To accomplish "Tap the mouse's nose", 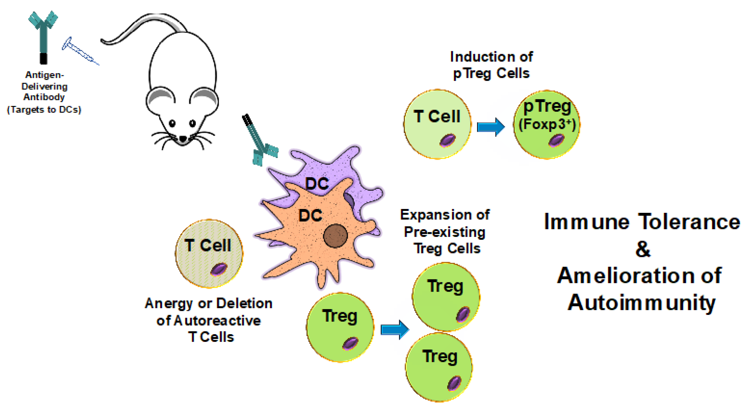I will (x=183, y=139).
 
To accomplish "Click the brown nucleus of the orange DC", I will (x=335, y=236).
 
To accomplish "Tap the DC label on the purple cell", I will (x=317, y=184).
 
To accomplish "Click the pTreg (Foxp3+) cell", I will (x=547, y=125).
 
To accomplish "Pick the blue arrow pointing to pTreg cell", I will (x=490, y=127).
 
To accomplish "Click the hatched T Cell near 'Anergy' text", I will (x=209, y=253).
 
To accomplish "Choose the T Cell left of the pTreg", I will (x=437, y=124).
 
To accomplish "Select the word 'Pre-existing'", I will (x=445, y=232).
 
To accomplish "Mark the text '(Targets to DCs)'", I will (x=44, y=109).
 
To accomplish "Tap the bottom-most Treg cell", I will (x=439, y=367).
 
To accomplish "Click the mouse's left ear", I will (x=162, y=98).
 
